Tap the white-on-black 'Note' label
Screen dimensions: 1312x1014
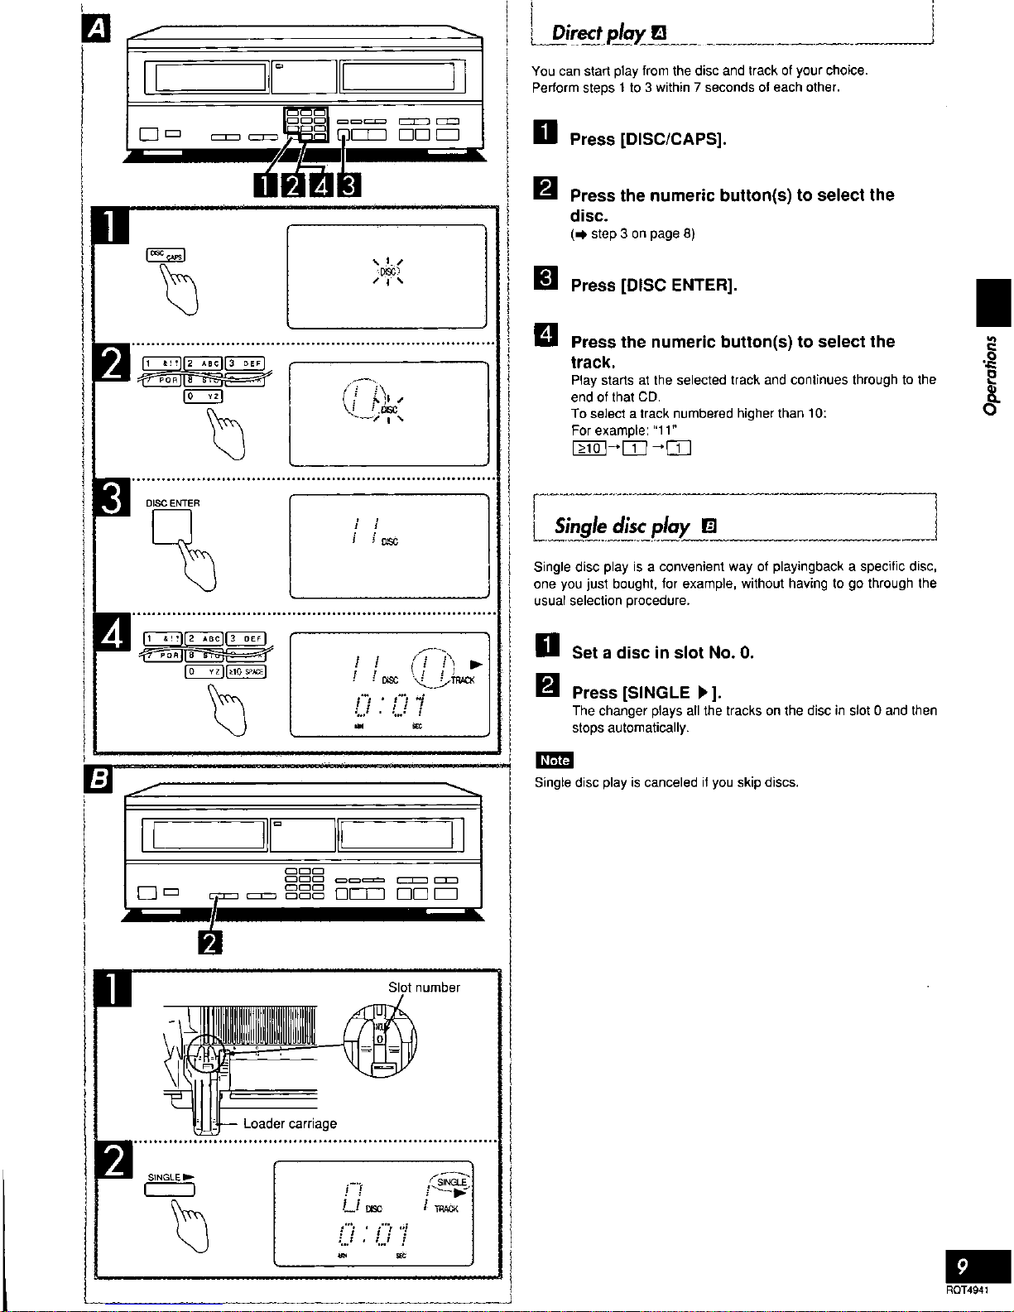tap(554, 760)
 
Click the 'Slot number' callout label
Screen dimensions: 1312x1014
tap(424, 987)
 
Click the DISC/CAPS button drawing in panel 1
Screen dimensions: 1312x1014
tap(166, 254)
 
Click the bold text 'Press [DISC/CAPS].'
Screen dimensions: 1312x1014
tap(648, 139)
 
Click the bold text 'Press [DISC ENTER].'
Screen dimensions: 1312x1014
tap(654, 286)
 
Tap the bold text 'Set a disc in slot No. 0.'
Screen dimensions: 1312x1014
tap(663, 652)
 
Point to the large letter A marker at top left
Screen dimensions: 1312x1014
tap(98, 29)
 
